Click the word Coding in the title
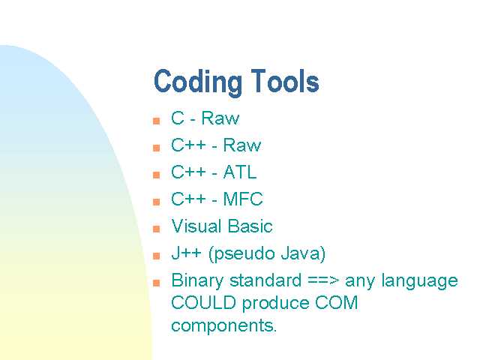[197, 82]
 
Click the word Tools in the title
[285, 81]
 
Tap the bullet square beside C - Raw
[157, 121]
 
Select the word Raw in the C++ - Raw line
[241, 145]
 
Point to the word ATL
[240, 172]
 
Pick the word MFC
[243, 199]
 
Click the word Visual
[196, 226]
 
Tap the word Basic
[250, 226]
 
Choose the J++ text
[187, 253]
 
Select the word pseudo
[244, 254]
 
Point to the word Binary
[197, 281]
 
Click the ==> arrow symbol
[323, 280]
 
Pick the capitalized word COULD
[203, 302]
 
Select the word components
[223, 325]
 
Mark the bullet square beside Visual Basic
[157, 229]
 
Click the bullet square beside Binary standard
[157, 283]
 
